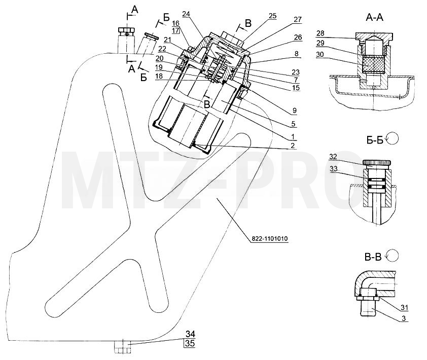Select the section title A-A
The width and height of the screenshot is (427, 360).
(374, 17)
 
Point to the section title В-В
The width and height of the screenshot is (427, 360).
(373, 257)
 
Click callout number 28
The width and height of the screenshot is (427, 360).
(321, 33)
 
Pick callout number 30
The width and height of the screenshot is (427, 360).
(320, 54)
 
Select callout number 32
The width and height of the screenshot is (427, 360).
(333, 157)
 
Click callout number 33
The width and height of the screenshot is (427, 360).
(334, 168)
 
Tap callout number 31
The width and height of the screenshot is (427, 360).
(404, 308)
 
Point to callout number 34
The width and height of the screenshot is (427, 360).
(190, 334)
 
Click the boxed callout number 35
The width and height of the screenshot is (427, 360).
(190, 343)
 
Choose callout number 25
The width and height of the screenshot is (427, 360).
(272, 16)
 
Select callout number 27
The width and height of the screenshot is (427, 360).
(298, 19)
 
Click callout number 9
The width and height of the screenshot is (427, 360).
(294, 111)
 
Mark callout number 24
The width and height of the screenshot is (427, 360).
(186, 14)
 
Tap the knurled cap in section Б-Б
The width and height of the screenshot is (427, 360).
(377, 163)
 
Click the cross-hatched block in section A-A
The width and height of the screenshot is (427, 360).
(374, 64)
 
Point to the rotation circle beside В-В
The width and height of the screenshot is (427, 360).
(393, 256)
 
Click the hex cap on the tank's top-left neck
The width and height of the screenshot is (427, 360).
(126, 31)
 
